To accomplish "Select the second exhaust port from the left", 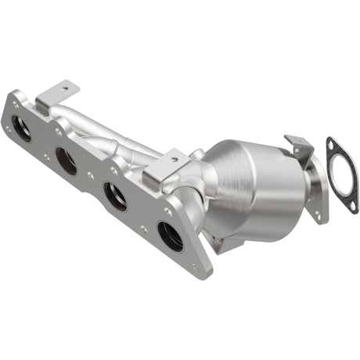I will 67,161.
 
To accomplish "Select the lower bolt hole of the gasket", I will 345,207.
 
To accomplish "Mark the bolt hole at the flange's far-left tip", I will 14,104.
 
